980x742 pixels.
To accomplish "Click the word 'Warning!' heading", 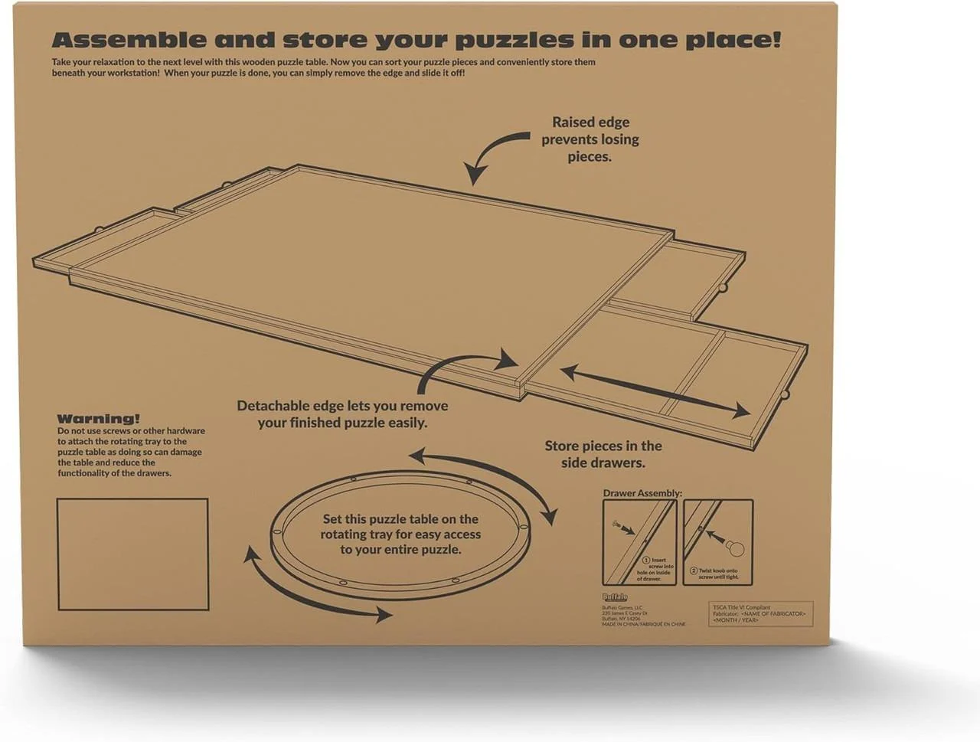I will [x=98, y=419].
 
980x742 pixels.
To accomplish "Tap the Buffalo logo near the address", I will [x=615, y=597].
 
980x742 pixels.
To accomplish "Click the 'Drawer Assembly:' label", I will [x=642, y=493].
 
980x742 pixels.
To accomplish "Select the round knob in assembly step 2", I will [x=736, y=548].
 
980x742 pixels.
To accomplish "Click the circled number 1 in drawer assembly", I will [x=645, y=561].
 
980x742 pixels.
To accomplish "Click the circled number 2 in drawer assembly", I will [x=694, y=570].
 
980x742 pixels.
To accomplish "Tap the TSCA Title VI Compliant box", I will [x=760, y=613].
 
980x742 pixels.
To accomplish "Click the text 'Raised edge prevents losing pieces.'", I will [x=590, y=139].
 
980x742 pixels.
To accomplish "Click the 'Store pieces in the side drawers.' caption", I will [x=603, y=454].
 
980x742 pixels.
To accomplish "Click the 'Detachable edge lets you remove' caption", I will [x=342, y=406].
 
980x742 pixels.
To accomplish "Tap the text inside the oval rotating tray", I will [x=400, y=534].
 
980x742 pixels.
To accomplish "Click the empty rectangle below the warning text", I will [x=133, y=554].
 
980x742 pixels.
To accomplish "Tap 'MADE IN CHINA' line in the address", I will [x=643, y=624].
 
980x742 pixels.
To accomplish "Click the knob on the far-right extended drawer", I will [x=785, y=394].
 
